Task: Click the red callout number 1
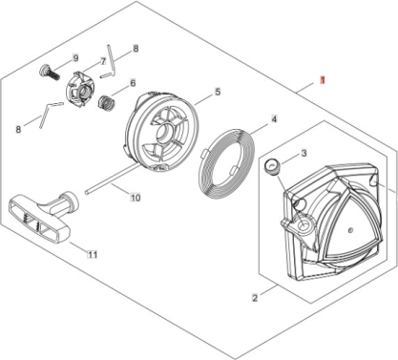click(323, 80)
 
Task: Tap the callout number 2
click(255, 298)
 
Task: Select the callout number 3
click(304, 153)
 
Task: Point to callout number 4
click(274, 119)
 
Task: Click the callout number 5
click(218, 92)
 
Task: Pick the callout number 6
click(133, 83)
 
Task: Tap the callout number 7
click(103, 61)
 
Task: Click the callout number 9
click(75, 58)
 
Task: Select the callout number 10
click(136, 198)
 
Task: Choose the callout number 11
click(93, 255)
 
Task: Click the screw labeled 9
click(50, 74)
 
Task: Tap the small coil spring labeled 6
click(106, 102)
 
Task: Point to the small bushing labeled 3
click(272, 166)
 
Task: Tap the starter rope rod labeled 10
click(111, 179)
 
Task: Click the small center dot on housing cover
click(350, 230)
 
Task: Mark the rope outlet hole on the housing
click(304, 222)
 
